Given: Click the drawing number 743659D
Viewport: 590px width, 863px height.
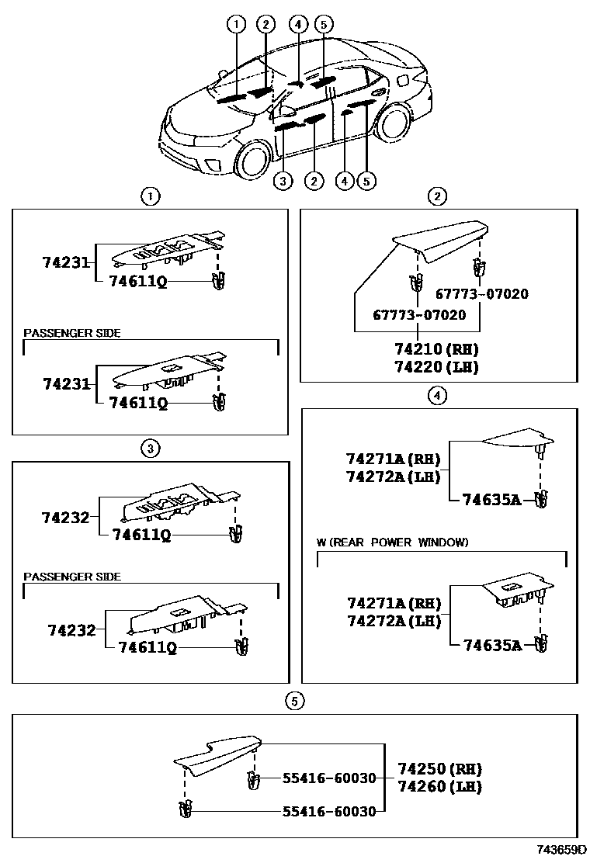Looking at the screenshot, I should click(x=560, y=851).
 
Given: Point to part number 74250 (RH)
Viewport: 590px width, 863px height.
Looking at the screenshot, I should click(x=440, y=769).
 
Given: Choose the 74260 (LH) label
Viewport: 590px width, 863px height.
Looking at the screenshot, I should click(x=440, y=786).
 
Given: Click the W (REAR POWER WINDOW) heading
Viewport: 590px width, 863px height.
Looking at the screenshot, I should click(x=393, y=542).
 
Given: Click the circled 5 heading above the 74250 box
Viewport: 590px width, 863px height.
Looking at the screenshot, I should click(x=293, y=702).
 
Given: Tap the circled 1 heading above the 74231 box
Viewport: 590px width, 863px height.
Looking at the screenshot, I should click(x=150, y=196).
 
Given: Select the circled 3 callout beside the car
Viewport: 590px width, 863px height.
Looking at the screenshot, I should click(x=283, y=182).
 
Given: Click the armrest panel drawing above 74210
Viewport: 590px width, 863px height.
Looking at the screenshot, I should click(x=440, y=241).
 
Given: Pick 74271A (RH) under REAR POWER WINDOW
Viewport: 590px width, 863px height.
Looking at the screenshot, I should click(x=394, y=604).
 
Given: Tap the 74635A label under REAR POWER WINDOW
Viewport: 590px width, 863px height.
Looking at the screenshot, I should click(x=492, y=644).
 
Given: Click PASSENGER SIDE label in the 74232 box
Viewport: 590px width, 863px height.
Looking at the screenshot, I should click(x=72, y=577).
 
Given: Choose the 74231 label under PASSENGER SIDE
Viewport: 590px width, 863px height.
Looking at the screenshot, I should click(x=67, y=384).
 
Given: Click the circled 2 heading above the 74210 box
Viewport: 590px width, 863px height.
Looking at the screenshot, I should click(x=439, y=196).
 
